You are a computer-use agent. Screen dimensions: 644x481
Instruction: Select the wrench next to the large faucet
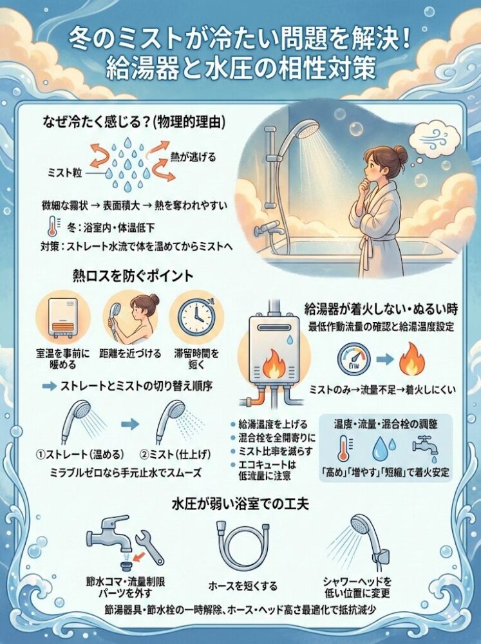point(150,544)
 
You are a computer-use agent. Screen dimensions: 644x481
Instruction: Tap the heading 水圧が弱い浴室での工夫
point(240,502)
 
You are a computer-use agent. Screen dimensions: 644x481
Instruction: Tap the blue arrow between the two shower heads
point(131,424)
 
